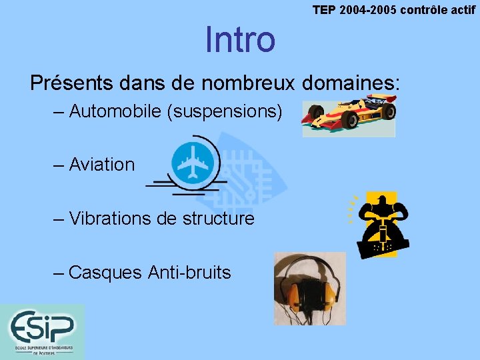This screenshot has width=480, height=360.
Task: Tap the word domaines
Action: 350,83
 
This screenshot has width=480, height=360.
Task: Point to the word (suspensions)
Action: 227,111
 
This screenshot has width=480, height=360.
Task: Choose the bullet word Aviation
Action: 101,165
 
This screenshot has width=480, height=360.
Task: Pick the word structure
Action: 217,218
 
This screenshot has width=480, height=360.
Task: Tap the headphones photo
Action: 309,288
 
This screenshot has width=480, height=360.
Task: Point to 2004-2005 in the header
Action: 370,10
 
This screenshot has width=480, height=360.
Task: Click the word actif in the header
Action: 459,10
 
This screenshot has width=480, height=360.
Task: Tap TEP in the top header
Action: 325,10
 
